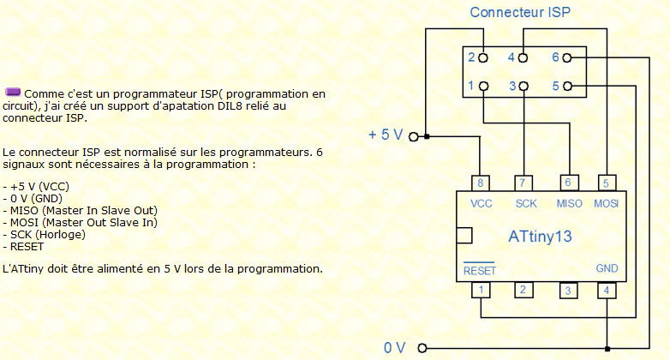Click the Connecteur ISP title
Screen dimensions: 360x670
pos(520,13)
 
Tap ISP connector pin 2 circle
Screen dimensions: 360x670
pos(483,58)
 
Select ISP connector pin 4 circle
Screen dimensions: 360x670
pos(524,58)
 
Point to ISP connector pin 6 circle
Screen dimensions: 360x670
pos(567,58)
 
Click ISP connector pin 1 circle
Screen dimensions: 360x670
pos(483,87)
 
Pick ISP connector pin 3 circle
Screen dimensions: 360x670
pos(524,87)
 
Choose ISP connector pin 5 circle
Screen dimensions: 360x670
pos(567,87)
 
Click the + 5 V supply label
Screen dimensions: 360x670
pos(386,135)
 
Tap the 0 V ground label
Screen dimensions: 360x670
pos(394,348)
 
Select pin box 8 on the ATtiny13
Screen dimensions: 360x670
pos(481,183)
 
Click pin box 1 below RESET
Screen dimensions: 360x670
pos(481,291)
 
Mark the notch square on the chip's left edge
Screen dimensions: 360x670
pos(464,235)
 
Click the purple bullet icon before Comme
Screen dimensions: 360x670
pos(13,92)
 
